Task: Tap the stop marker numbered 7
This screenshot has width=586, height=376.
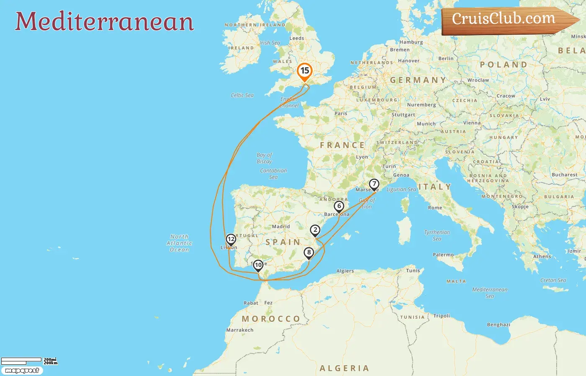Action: pyautogui.click(x=374, y=184)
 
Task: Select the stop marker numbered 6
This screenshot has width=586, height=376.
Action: pyautogui.click(x=339, y=206)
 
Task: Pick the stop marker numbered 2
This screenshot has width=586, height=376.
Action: pyautogui.click(x=315, y=230)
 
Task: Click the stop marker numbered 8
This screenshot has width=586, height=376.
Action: pyautogui.click(x=309, y=253)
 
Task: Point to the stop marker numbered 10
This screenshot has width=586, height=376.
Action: pyautogui.click(x=258, y=265)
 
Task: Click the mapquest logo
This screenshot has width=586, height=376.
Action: pyautogui.click(x=22, y=371)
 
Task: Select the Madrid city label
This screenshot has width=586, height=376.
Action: pyautogui.click(x=281, y=226)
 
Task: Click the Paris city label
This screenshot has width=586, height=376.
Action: pyautogui.click(x=341, y=113)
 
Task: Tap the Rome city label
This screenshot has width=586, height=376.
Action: pyautogui.click(x=435, y=208)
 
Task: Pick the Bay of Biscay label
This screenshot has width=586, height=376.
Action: pyautogui.click(x=264, y=158)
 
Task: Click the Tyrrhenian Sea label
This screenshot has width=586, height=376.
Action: pyautogui.click(x=437, y=235)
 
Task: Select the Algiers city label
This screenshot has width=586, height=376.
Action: pyautogui.click(x=345, y=271)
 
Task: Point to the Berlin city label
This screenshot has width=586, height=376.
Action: pyautogui.click(x=446, y=58)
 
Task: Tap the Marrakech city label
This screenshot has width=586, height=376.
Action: pyautogui.click(x=240, y=330)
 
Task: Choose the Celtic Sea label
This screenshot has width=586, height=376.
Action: pyautogui.click(x=242, y=95)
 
